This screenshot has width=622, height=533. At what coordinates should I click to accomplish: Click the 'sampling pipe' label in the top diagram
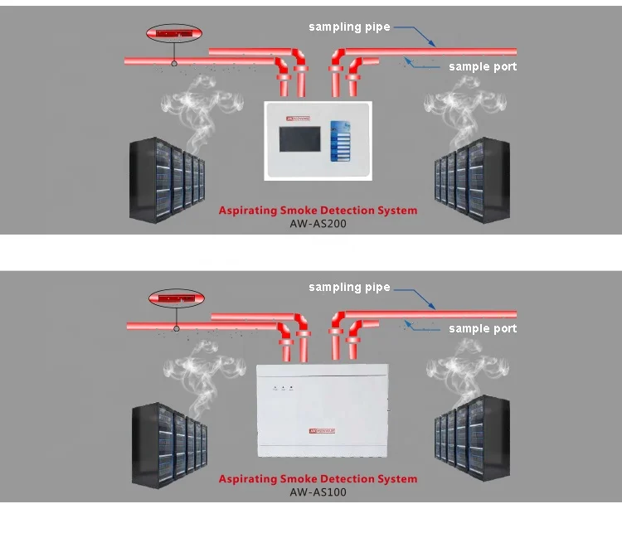coord(349,27)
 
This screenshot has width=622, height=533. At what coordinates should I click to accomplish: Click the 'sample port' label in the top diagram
coord(483,66)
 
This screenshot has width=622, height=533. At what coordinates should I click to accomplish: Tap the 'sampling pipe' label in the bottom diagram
coord(349,288)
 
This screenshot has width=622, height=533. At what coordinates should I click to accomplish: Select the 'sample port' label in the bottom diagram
coord(483,328)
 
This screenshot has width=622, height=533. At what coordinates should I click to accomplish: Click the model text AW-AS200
coord(318,224)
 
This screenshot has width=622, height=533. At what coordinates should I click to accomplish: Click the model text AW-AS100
coord(318,492)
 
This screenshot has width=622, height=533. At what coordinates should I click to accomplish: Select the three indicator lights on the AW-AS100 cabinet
coord(283,387)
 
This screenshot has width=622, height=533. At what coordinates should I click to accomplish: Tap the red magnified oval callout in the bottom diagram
coord(175,298)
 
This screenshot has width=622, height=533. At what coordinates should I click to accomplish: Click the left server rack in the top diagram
coord(167,181)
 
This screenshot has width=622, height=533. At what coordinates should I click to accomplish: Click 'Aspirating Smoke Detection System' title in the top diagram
coord(318,211)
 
